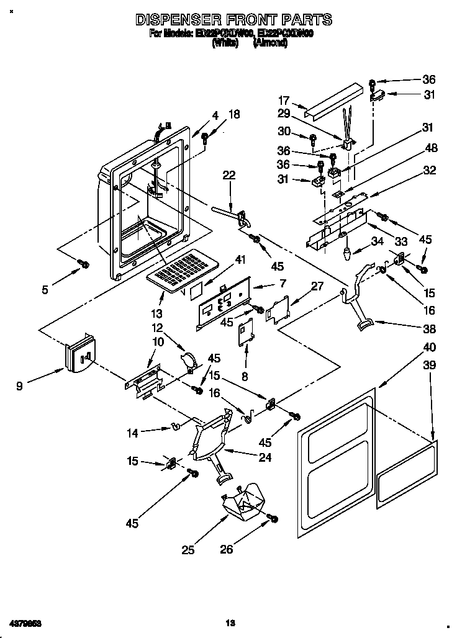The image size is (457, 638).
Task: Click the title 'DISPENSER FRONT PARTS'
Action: click(x=233, y=20)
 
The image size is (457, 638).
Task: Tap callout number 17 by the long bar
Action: click(x=283, y=101)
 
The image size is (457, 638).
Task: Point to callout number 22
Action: click(x=229, y=176)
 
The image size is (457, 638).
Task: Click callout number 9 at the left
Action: click(x=20, y=385)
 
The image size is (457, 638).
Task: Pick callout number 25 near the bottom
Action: click(x=188, y=549)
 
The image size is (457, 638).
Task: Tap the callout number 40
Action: click(x=429, y=347)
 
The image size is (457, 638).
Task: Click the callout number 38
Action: click(x=429, y=329)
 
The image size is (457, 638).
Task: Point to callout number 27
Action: click(x=317, y=286)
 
